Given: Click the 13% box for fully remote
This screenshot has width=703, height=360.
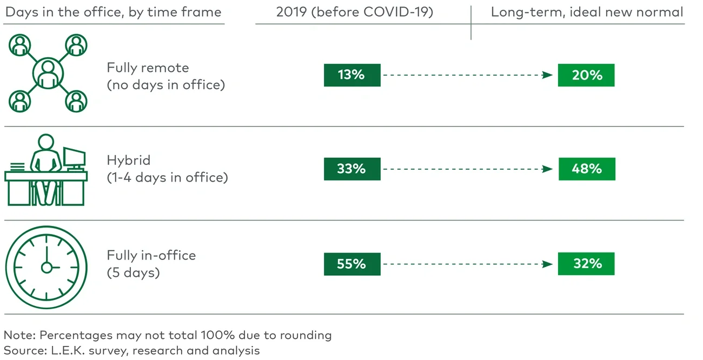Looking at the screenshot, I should tap(352, 75).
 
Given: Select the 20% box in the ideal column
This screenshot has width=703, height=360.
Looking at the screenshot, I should tap(586, 75).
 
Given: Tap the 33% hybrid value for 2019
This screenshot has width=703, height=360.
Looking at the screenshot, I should tap(352, 169).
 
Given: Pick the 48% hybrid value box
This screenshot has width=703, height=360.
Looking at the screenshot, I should tap(586, 169).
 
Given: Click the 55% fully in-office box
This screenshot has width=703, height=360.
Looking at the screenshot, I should tap(352, 264).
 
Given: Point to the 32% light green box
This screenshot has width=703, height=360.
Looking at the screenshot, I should tap(586, 264).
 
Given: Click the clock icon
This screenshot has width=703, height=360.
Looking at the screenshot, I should tap(47, 266).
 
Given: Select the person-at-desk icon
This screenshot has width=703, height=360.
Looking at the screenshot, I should tap(45, 170).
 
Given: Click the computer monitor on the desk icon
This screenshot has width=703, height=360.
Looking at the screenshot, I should tap(74, 158).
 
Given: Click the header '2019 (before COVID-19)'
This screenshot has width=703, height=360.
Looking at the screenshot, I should tap(355, 12).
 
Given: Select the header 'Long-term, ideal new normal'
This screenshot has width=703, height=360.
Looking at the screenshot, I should tap(587, 12).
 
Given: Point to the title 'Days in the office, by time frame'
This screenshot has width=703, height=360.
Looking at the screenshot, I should tap(113, 12).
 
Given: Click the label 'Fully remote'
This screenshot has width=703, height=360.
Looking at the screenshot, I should tap(148, 68).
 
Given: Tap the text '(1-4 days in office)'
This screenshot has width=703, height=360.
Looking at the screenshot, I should tap(167, 177).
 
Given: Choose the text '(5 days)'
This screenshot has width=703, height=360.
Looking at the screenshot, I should tap(133, 272).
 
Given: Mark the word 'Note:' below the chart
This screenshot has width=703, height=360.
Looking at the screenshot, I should tap(19, 335).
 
